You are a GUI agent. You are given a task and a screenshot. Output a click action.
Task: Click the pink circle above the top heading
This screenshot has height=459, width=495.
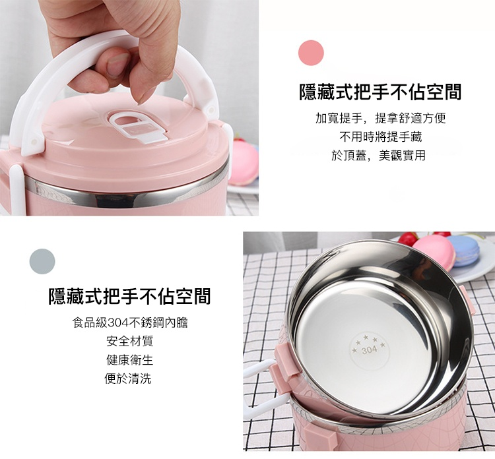[x=311, y=53]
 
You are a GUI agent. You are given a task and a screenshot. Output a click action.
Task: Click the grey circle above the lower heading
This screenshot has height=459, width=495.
[x=42, y=262]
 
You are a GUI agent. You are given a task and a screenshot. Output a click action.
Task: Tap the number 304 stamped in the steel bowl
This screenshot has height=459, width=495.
[x=369, y=350]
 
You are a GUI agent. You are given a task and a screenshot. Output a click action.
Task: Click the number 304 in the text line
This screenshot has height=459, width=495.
[x=117, y=322]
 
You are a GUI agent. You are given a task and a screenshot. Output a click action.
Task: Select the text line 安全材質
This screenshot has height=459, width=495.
[x=129, y=342]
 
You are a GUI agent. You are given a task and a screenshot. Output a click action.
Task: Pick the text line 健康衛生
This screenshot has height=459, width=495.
[x=129, y=360]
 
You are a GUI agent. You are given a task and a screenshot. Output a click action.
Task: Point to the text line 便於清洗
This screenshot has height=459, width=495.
[x=128, y=379]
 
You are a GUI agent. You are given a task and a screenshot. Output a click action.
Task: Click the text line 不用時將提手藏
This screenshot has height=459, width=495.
[x=380, y=137]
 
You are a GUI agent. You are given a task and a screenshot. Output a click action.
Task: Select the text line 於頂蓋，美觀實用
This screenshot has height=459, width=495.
[x=379, y=156]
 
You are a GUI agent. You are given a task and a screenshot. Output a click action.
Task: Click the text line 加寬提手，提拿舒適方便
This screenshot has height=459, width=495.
[x=380, y=118]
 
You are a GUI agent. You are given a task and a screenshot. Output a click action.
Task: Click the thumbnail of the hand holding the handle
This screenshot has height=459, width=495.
[x=129, y=108]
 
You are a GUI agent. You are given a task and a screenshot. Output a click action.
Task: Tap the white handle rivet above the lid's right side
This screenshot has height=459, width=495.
[x=211, y=110]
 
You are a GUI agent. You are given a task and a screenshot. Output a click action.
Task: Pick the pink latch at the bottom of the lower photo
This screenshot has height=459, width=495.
[x=317, y=437]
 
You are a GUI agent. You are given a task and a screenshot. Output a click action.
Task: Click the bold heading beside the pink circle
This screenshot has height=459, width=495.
[x=380, y=92]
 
